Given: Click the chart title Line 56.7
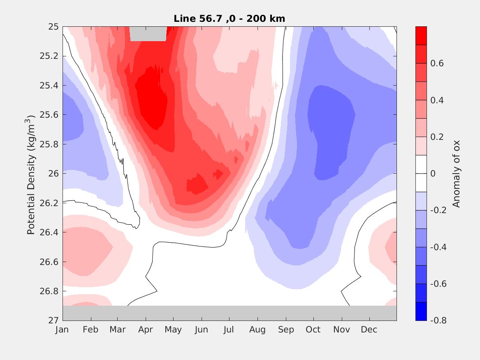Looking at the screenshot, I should point(229,19).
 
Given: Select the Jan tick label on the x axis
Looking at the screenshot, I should point(62,330).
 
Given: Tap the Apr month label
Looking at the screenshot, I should point(146,330).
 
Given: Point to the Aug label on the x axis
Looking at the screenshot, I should point(258,330).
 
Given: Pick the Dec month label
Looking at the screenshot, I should point(369,330).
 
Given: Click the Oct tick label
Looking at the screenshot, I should point(313,330).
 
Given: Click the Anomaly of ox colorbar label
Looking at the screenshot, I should point(456,174).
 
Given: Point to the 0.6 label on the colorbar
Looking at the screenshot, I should point(436,63).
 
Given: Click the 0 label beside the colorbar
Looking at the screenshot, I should point(433,174).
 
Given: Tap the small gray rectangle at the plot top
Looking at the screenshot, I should point(148,34).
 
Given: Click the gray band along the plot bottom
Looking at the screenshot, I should point(229,313).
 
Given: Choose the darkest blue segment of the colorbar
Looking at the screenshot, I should point(421,311).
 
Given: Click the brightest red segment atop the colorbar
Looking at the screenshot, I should point(421,35).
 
